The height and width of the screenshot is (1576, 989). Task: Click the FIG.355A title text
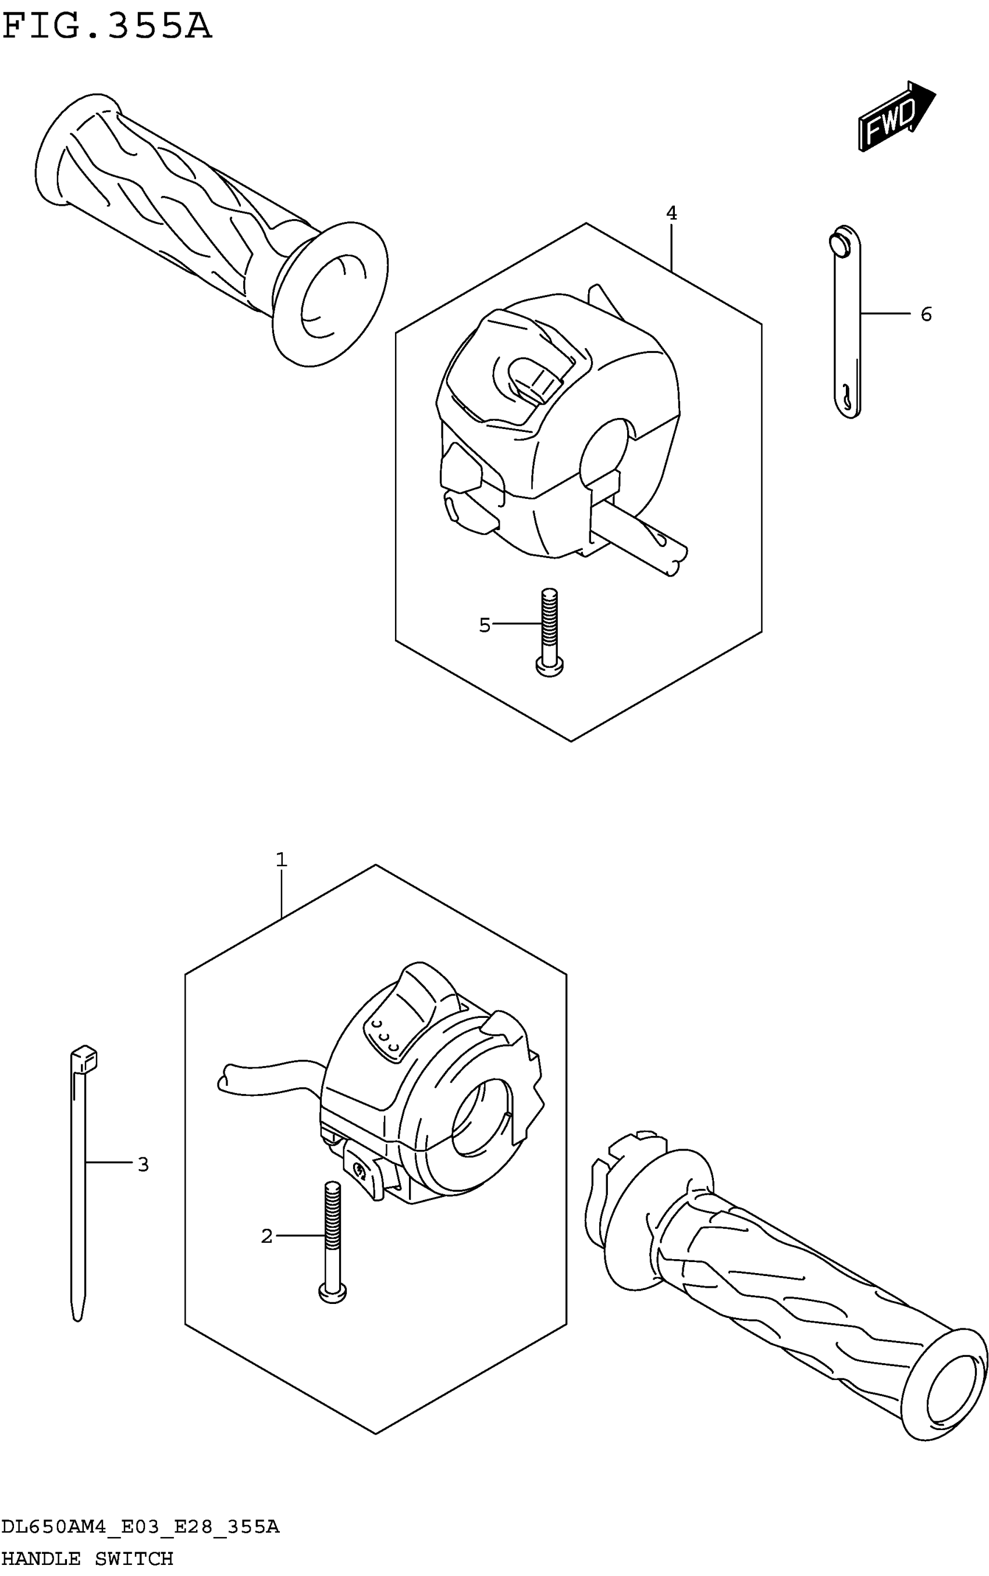(x=106, y=27)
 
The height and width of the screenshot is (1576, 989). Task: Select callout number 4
(x=671, y=213)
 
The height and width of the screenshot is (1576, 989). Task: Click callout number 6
(x=926, y=315)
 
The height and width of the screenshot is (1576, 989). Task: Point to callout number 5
(x=484, y=626)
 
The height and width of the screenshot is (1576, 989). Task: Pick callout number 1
(x=281, y=860)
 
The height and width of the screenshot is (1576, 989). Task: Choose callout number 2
(x=267, y=1236)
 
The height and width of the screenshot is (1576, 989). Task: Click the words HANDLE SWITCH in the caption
(x=88, y=1559)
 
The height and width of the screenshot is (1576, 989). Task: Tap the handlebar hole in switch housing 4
(x=603, y=451)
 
